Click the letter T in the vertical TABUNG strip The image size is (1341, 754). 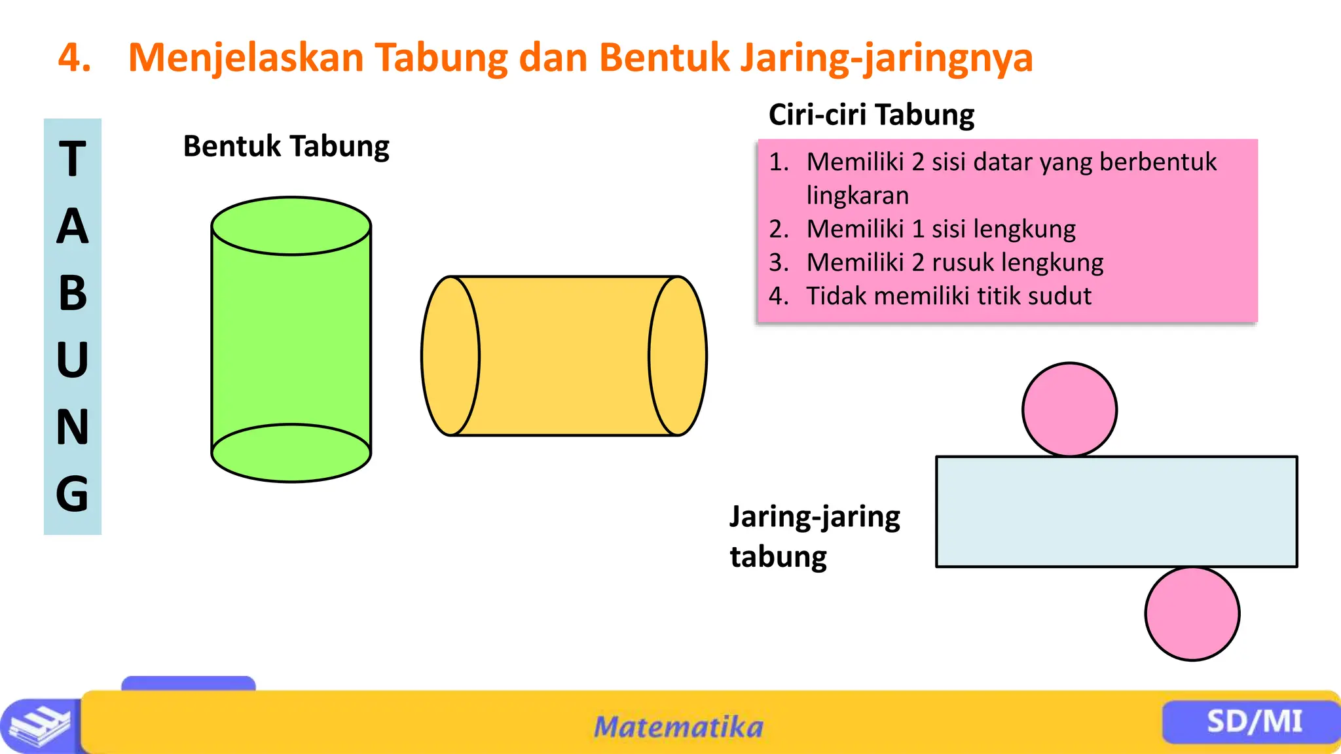click(73, 159)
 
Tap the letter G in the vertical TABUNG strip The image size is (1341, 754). click(72, 494)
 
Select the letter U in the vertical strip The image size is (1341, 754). click(72, 360)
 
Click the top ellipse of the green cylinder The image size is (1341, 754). click(291, 226)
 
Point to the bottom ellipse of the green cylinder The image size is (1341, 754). click(291, 454)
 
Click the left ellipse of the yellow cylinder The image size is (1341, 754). click(450, 356)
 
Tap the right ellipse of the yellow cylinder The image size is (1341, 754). click(678, 356)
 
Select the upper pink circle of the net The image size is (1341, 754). click(1069, 410)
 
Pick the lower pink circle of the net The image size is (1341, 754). click(1192, 614)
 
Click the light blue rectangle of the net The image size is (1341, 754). click(1116, 511)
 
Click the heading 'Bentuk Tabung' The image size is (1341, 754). click(286, 146)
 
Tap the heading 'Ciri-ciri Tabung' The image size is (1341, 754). click(872, 115)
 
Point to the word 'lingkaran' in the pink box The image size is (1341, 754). click(858, 196)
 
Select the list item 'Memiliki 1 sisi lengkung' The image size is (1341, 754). click(941, 229)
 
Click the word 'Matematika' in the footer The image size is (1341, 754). click(678, 727)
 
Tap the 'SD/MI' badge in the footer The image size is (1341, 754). click(1254, 721)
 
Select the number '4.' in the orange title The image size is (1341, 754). click(75, 58)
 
